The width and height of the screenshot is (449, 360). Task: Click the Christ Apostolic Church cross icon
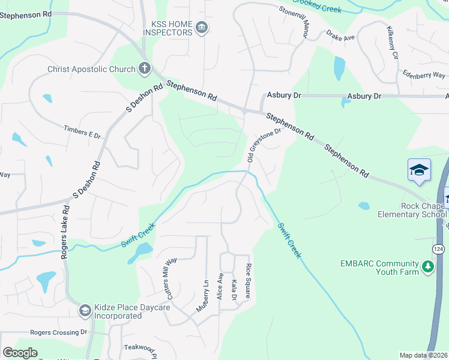144,68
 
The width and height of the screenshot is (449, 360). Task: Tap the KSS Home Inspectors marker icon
202,27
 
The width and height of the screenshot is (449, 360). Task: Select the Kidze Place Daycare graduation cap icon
85,310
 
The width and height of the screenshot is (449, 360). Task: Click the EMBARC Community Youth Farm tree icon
427,266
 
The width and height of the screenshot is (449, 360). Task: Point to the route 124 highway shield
439,248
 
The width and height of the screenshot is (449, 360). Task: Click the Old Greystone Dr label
264,145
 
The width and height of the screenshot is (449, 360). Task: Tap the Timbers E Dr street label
82,132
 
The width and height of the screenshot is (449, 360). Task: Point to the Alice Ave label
220,286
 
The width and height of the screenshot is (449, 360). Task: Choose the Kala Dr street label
234,289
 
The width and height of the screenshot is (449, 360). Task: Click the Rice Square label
247,281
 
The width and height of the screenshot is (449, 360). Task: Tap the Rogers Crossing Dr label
59,332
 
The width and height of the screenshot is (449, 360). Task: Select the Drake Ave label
341,37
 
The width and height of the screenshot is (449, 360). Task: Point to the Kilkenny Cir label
393,42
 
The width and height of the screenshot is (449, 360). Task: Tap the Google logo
20,353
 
